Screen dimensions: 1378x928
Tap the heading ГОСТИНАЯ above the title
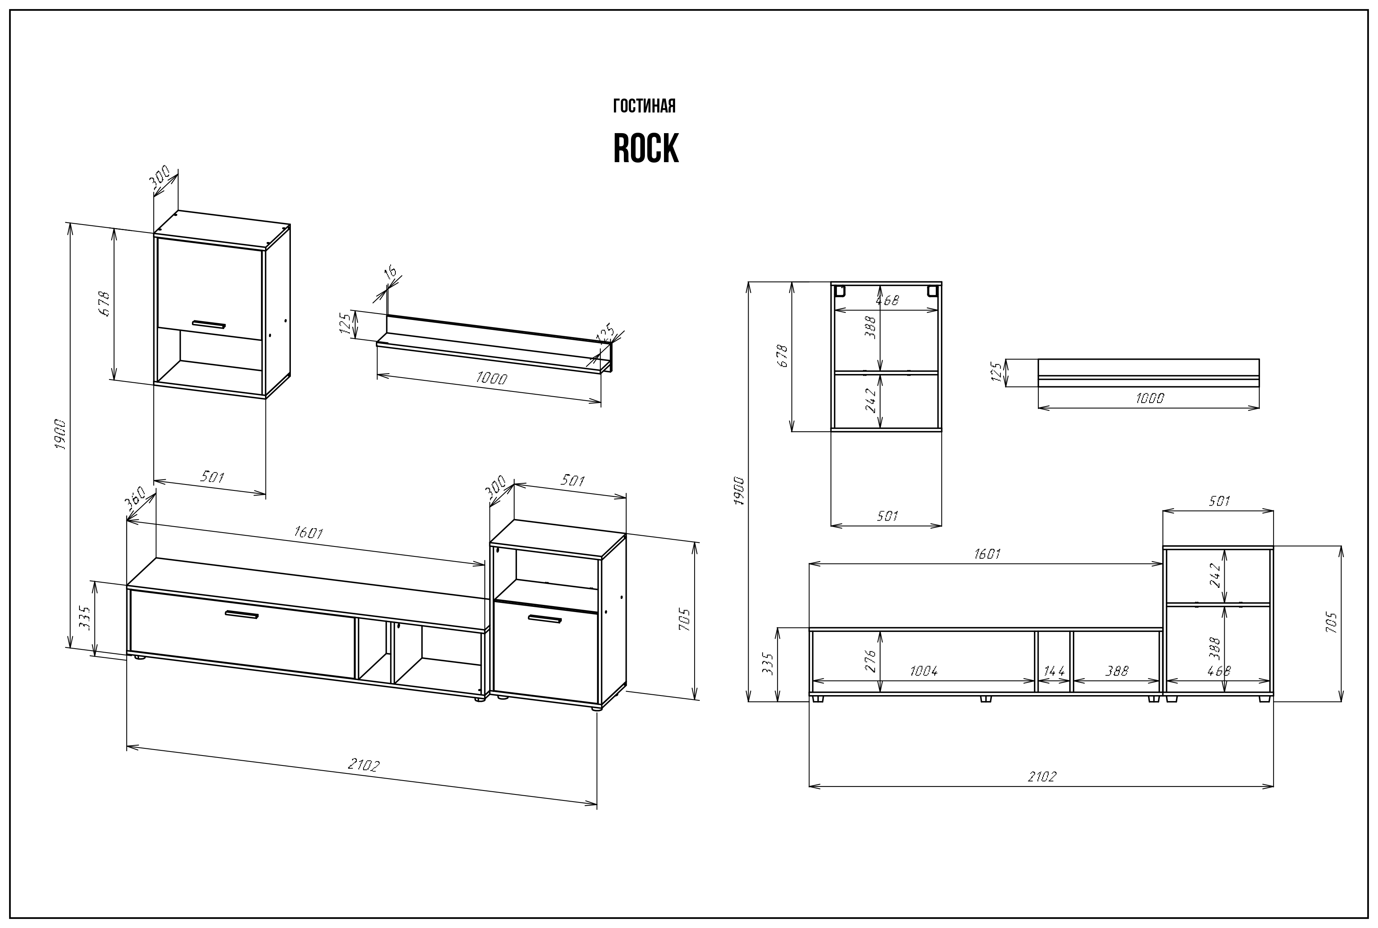coord(644,107)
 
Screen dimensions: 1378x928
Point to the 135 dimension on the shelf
coord(606,333)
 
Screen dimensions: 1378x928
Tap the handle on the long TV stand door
coord(242,615)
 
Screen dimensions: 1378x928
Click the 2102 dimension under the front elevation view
coord(1041,777)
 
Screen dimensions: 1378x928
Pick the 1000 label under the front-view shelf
coord(1149,398)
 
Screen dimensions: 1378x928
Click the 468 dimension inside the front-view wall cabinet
coord(887,300)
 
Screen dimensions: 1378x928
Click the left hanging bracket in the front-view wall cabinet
coord(839,291)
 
